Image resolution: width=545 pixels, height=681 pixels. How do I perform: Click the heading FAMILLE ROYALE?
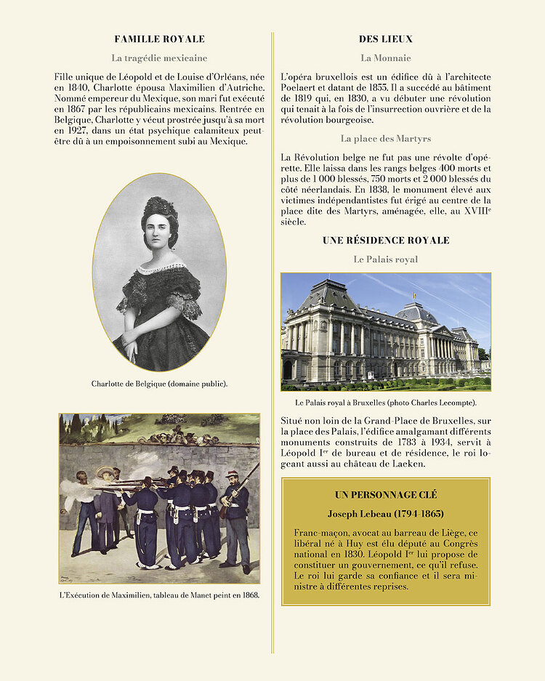point(160,39)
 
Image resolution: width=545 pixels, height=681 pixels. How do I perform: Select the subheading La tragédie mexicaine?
point(159,57)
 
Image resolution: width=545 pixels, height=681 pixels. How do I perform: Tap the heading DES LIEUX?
point(385,39)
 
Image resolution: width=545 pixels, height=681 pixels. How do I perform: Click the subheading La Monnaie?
point(385,57)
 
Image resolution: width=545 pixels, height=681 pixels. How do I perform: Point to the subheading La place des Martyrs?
point(385,138)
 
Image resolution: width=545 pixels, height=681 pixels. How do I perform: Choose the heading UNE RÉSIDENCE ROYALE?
point(385,241)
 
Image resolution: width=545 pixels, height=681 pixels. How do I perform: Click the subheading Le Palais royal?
point(385,259)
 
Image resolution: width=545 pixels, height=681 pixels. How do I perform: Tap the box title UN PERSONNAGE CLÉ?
point(385,495)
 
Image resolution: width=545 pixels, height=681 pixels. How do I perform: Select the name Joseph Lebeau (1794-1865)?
point(385,514)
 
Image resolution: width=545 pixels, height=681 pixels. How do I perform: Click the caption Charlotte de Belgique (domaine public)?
point(159,384)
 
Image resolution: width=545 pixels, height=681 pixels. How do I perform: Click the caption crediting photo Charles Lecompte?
point(385,402)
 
